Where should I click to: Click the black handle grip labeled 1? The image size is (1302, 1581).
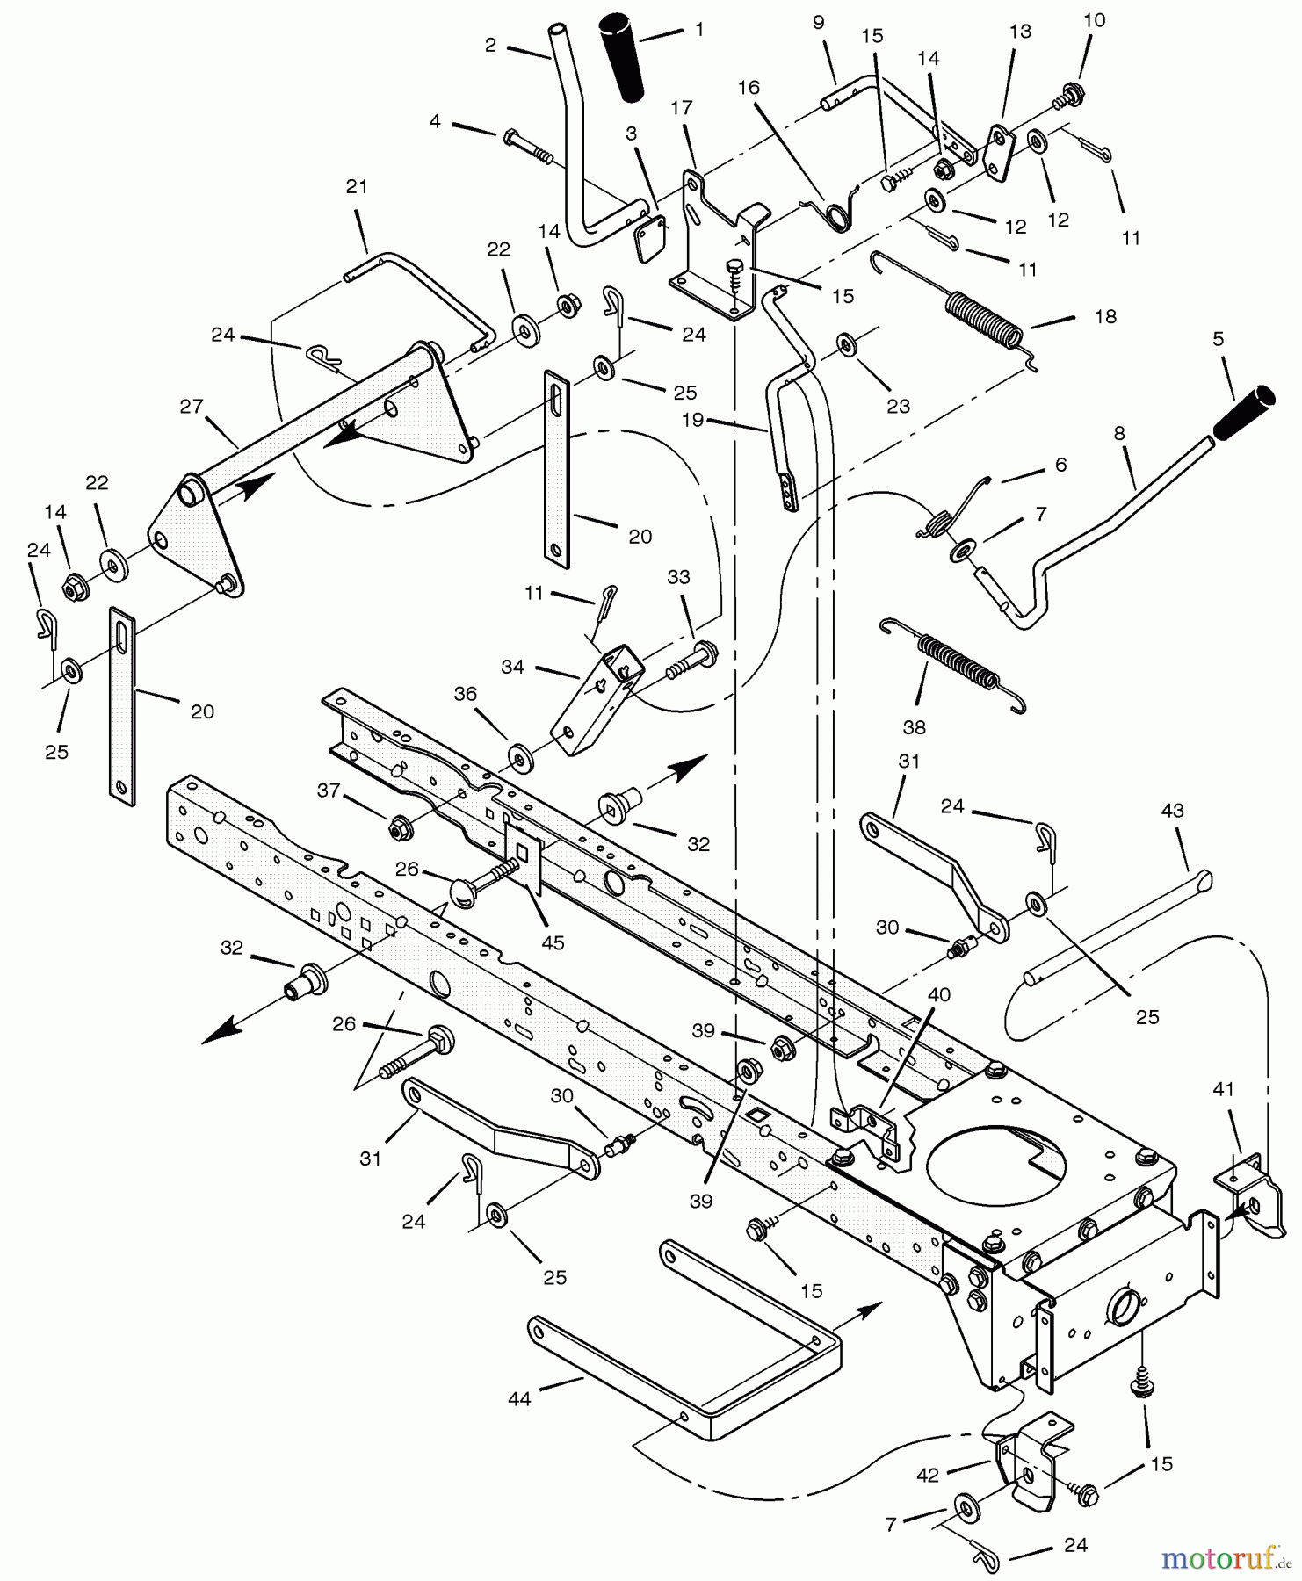(x=624, y=56)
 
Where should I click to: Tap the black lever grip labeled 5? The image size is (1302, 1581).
(x=1244, y=410)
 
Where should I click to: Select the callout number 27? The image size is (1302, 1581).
(x=192, y=407)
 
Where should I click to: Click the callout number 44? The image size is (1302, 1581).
(x=519, y=1397)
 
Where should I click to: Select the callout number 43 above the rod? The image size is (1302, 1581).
(x=1172, y=811)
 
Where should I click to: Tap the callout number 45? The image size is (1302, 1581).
(x=553, y=942)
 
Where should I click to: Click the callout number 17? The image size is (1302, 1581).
(x=682, y=108)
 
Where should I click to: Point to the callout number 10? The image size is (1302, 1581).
(x=1094, y=20)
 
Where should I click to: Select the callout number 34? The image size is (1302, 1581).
(x=512, y=668)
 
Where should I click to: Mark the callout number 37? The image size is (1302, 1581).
(x=329, y=790)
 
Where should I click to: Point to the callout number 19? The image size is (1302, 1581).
(x=693, y=420)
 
